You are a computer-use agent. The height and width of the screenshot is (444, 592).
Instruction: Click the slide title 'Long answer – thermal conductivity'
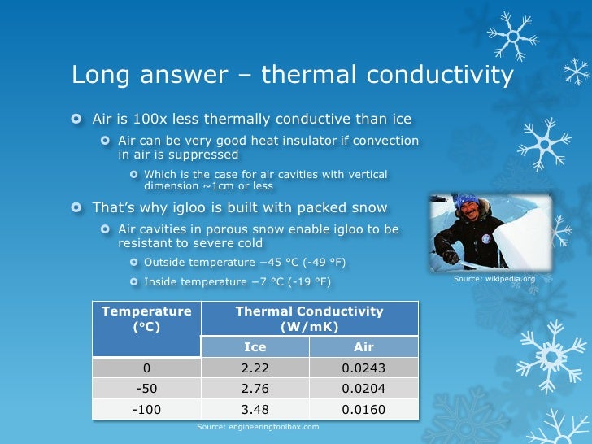pyautogui.click(x=292, y=75)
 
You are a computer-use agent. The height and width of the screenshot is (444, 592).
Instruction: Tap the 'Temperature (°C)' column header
pyautogui.click(x=146, y=320)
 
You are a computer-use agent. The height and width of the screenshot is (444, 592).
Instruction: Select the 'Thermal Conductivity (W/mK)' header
pyautogui.click(x=309, y=319)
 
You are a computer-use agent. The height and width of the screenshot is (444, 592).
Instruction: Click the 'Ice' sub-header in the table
pyautogui.click(x=255, y=347)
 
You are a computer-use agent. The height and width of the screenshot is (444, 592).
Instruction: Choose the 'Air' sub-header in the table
pyautogui.click(x=363, y=347)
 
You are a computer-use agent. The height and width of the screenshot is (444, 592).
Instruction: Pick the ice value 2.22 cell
pyautogui.click(x=255, y=368)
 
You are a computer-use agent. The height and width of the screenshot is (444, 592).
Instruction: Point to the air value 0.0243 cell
pyautogui.click(x=363, y=368)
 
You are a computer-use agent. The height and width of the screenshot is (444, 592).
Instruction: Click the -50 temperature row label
pyautogui.click(x=146, y=389)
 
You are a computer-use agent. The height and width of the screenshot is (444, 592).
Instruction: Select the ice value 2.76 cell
pyautogui.click(x=255, y=389)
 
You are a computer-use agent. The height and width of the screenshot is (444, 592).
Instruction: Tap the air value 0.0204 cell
pyautogui.click(x=363, y=389)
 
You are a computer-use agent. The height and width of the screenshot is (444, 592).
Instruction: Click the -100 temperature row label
pyautogui.click(x=146, y=409)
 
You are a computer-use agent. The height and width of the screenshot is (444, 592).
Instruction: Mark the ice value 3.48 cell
pyautogui.click(x=255, y=409)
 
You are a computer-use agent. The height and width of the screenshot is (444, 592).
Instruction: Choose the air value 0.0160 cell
pyautogui.click(x=363, y=409)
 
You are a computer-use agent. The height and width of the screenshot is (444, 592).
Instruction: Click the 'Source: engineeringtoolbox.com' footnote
pyautogui.click(x=258, y=426)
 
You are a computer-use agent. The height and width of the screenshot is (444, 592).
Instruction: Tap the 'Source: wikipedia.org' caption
pyautogui.click(x=494, y=279)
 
